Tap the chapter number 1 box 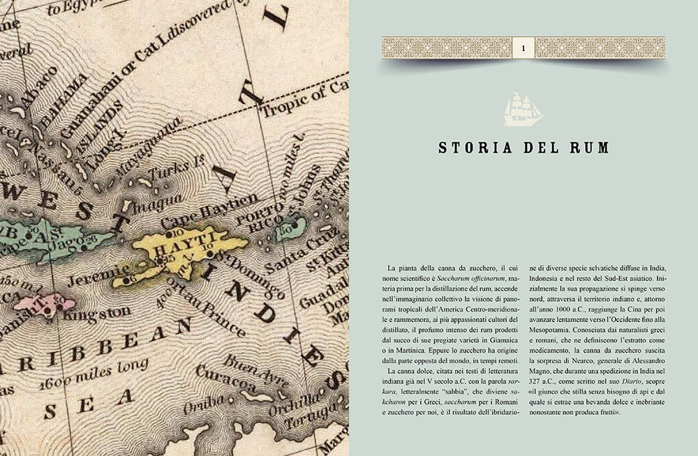[523, 47]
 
